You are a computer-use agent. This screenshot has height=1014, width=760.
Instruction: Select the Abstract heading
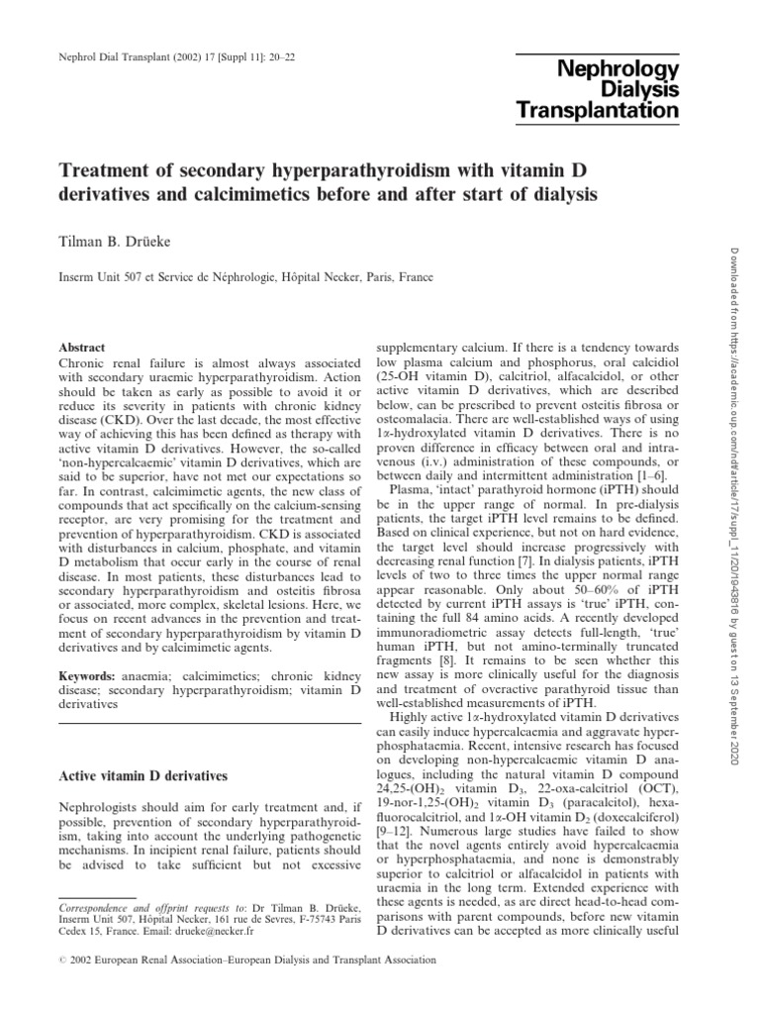click(81, 350)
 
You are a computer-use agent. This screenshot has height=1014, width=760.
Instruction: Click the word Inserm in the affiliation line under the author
click(80, 279)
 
